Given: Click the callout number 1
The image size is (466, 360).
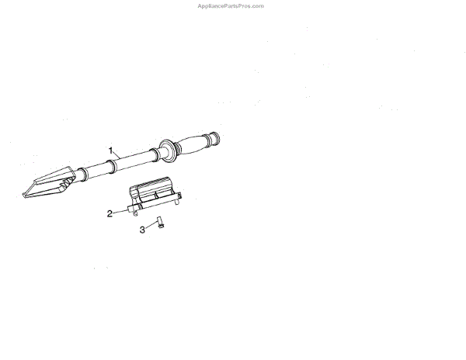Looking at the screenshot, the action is [111, 149].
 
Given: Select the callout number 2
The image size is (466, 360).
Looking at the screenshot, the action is [110, 212].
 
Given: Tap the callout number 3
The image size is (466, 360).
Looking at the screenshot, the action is [142, 230].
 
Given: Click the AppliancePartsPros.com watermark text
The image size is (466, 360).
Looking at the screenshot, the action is [232, 5].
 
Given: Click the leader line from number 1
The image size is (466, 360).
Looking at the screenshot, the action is [116, 154].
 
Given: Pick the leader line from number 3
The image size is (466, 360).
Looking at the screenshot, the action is [150, 226].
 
